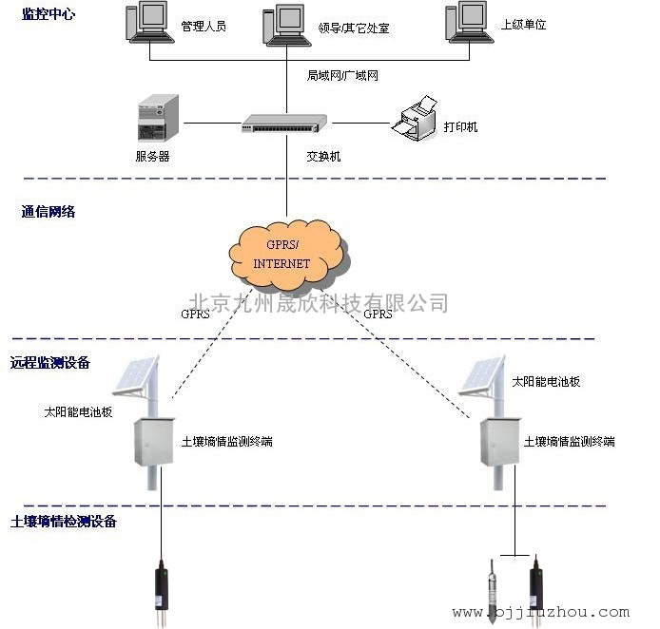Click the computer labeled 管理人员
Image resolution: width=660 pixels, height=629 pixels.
[x=150, y=22]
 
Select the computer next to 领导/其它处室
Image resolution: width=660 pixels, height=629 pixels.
[x=286, y=25]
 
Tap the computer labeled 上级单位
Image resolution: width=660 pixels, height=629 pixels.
[x=470, y=22]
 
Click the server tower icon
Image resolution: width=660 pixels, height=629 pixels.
[x=158, y=118]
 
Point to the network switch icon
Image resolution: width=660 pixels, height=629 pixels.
[x=284, y=124]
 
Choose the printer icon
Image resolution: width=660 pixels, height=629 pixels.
[x=415, y=118]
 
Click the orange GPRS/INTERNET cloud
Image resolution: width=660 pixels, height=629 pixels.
[x=289, y=255]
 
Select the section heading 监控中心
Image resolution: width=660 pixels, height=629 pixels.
[x=49, y=14]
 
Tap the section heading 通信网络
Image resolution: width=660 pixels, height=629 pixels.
[x=49, y=212]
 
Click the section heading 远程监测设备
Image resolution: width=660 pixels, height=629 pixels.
[x=50, y=362]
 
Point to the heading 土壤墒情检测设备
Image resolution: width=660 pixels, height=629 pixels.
[x=64, y=522]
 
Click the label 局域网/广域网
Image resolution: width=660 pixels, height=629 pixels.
[x=342, y=75]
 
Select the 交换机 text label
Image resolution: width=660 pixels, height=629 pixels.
[x=323, y=157]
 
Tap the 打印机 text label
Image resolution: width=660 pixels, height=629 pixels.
[x=460, y=126]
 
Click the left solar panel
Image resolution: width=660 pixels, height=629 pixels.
[x=136, y=375]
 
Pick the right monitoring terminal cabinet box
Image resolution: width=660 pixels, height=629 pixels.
[x=500, y=442]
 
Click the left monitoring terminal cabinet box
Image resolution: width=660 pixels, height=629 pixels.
[x=154, y=442]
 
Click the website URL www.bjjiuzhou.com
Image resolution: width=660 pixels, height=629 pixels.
[x=541, y=612]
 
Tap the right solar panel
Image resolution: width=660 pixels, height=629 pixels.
[x=482, y=375]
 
